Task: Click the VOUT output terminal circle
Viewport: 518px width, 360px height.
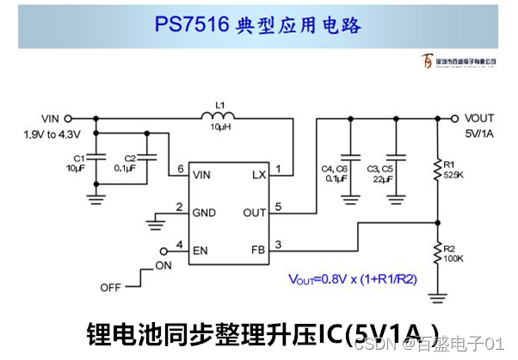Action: pos(457,119)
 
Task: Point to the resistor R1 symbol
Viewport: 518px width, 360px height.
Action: pos(438,170)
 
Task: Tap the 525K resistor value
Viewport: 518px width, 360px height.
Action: pos(454,175)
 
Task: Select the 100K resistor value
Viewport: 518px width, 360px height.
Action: pos(454,258)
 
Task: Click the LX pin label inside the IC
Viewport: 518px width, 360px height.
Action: pos(258,175)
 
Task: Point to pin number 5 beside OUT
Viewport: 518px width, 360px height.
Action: pos(278,207)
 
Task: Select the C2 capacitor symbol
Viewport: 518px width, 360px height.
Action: pos(150,159)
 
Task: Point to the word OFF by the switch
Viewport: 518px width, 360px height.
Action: pos(111,286)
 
